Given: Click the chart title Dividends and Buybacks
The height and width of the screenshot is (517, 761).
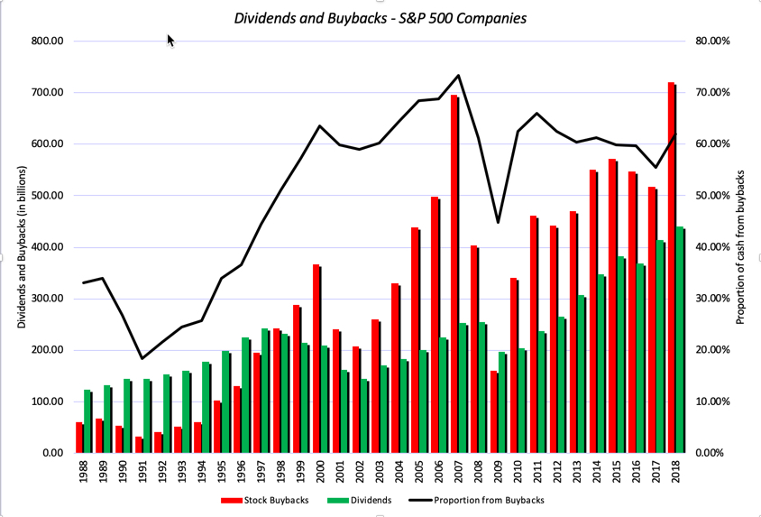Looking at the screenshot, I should pos(380,18).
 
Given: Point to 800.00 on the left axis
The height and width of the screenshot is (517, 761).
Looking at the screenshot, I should pos(46,42).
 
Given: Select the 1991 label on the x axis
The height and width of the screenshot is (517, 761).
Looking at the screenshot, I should pos(142,473).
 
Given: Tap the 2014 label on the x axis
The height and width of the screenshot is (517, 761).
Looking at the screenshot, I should pos(597,473).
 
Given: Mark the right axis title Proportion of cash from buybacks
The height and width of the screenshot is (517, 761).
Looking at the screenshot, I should pos(742,247).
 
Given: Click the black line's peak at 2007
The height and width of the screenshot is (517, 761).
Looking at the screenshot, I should pos(458,76).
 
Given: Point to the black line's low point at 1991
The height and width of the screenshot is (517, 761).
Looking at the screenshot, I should pos(142,358).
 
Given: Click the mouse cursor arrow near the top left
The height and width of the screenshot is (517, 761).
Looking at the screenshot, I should pos(170,41).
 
